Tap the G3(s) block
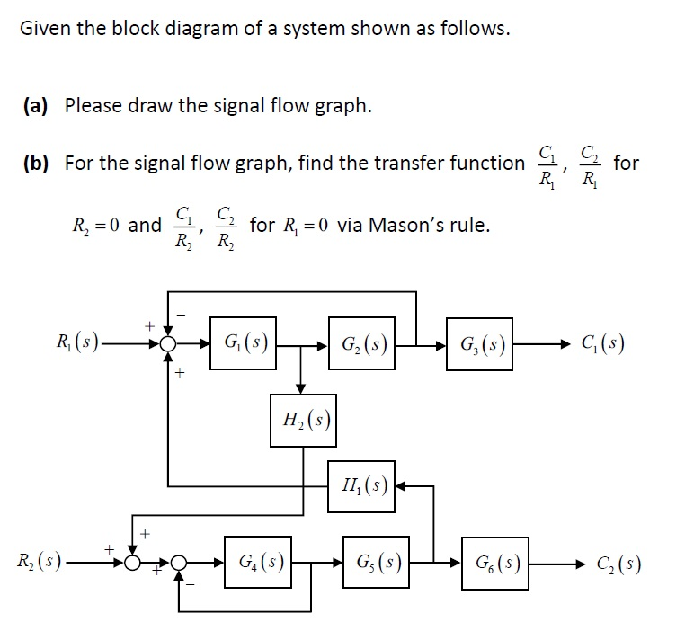click(481, 343)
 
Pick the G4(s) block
click(256, 564)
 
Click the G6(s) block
click(494, 564)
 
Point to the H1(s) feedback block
click(360, 487)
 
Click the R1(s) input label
click(76, 343)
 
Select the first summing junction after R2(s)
click(134, 564)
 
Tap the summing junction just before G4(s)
click(182, 564)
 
